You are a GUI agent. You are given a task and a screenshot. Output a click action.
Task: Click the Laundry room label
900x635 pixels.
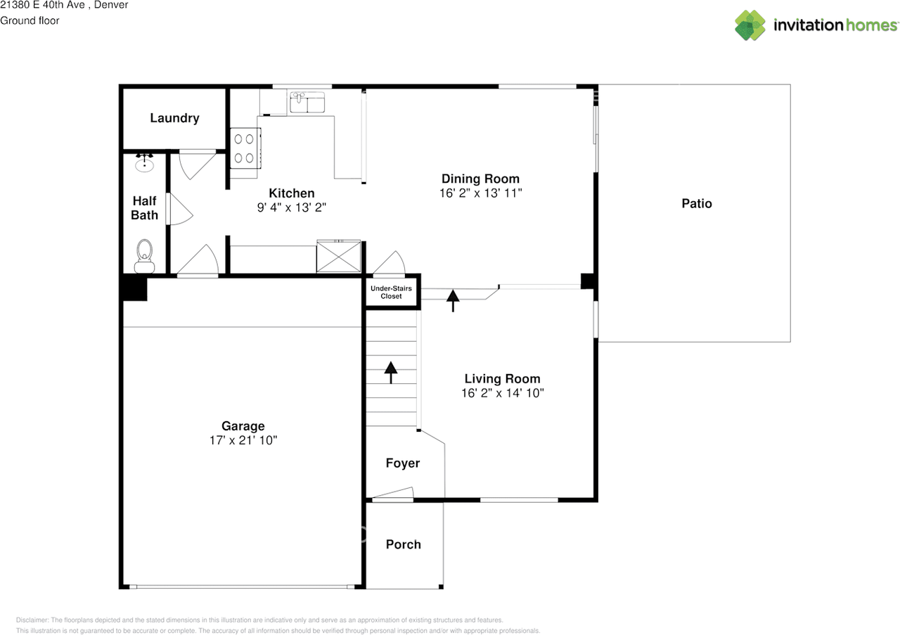pyautogui.click(x=174, y=118)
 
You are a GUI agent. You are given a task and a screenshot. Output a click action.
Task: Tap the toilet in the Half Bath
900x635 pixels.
pyautogui.click(x=145, y=252)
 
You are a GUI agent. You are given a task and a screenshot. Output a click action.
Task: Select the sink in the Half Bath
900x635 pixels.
pyautogui.click(x=145, y=164)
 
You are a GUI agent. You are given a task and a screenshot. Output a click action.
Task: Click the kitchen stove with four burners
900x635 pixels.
pyautogui.click(x=245, y=148)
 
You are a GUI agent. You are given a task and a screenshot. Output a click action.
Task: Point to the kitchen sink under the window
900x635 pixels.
pyautogui.click(x=307, y=103)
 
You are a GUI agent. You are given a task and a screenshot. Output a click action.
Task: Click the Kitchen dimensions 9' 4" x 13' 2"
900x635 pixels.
pyautogui.click(x=292, y=207)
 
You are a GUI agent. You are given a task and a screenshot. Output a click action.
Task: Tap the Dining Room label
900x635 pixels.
pyautogui.click(x=480, y=179)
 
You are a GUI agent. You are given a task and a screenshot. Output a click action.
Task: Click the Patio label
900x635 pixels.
pyautogui.click(x=697, y=204)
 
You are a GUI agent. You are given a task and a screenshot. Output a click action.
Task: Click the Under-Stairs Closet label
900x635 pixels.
pyautogui.click(x=392, y=293)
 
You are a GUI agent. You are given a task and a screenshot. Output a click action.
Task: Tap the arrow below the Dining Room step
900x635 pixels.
pyautogui.click(x=453, y=300)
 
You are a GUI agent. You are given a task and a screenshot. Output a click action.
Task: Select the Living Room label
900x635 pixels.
pyautogui.click(x=502, y=379)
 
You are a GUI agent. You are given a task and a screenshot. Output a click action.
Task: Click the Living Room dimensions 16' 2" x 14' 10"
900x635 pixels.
pyautogui.click(x=502, y=393)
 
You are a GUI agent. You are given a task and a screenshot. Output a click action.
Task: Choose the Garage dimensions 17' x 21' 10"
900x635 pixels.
pyautogui.click(x=243, y=440)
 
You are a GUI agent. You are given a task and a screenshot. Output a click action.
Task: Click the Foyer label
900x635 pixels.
pyautogui.click(x=403, y=463)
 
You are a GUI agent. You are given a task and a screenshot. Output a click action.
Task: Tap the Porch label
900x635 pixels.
pyautogui.click(x=404, y=544)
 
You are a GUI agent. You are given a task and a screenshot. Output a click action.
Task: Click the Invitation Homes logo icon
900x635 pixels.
pyautogui.click(x=750, y=25)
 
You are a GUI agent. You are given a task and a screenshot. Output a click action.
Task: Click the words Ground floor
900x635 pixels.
pyautogui.click(x=30, y=21)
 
